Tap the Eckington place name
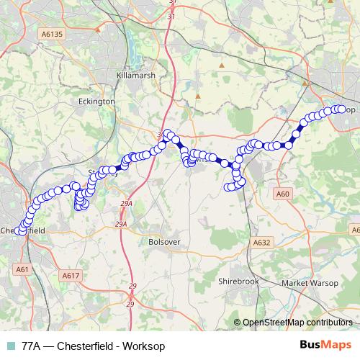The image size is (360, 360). (96, 102)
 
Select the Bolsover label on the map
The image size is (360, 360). (163, 243)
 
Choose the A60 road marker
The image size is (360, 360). (282, 194)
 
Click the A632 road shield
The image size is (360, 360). (261, 243)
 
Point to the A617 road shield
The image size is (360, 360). (71, 275)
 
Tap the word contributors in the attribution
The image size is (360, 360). (327, 323)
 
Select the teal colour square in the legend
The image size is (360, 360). (10, 346)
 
